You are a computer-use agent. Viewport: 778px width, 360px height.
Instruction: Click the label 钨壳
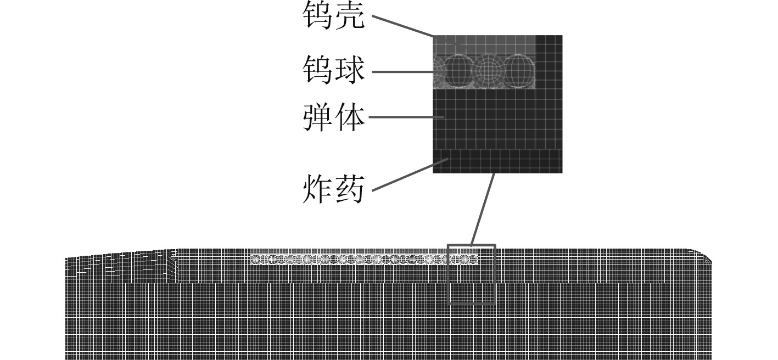click(333, 15)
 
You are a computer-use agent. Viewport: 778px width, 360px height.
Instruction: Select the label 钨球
click(333, 71)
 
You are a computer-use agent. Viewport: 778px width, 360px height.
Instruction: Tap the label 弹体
click(333, 117)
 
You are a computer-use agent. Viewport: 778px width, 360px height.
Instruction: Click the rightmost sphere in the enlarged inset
click(519, 72)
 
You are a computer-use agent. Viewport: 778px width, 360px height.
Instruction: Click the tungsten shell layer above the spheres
click(494, 44)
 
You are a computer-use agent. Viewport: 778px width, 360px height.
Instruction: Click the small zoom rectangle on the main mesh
click(472, 274)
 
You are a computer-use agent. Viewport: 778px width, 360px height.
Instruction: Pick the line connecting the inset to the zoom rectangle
click(483, 209)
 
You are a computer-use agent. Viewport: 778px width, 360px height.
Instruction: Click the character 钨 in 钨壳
click(318, 15)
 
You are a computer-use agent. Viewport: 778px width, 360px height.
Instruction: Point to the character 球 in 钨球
click(349, 71)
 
